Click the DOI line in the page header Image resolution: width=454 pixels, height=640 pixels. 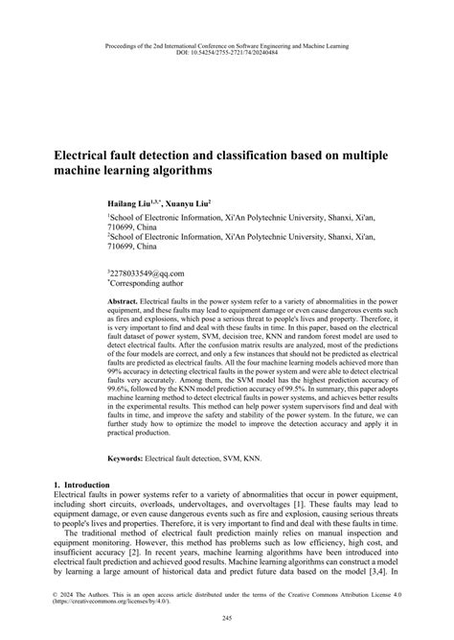[227, 53]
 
